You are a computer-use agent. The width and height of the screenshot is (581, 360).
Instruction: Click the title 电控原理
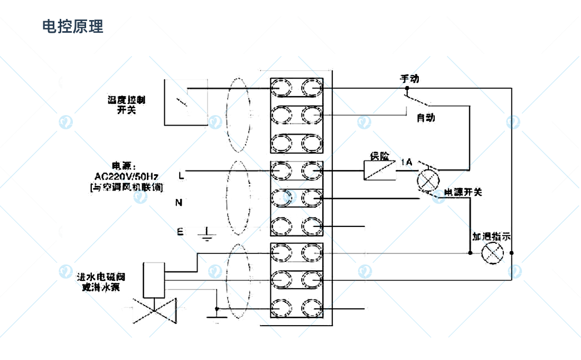(73, 26)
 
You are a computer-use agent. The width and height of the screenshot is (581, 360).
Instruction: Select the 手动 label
(410, 79)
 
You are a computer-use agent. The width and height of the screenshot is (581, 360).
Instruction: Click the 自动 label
(426, 117)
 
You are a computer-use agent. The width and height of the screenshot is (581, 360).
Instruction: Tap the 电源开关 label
(463, 192)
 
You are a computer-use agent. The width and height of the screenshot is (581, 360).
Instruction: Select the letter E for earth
(180, 231)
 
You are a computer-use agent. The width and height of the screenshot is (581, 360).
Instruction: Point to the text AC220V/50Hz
(127, 176)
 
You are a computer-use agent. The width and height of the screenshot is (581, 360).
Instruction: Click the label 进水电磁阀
(101, 277)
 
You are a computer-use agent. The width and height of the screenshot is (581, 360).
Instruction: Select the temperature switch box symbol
(185, 102)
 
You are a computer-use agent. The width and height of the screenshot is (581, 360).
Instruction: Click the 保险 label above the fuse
(379, 156)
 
